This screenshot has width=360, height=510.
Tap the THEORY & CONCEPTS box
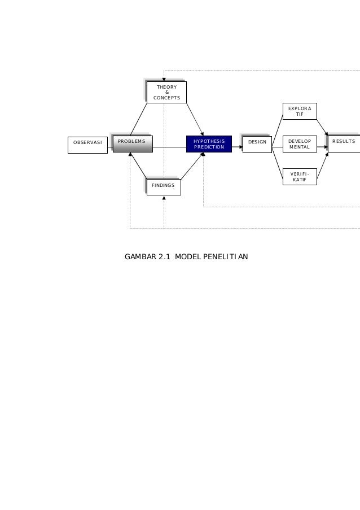coord(166,92)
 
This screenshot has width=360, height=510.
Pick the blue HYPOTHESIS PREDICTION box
coord(209,144)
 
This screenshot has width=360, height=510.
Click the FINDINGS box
coord(164,186)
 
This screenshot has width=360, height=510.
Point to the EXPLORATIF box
coord(300,111)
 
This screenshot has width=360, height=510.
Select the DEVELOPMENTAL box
coord(300,144)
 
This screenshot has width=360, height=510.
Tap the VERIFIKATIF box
coord(300,176)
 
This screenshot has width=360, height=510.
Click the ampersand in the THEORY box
coord(166,93)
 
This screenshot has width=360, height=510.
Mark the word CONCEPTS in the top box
coord(166,98)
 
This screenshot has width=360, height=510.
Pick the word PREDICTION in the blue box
coord(209,147)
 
